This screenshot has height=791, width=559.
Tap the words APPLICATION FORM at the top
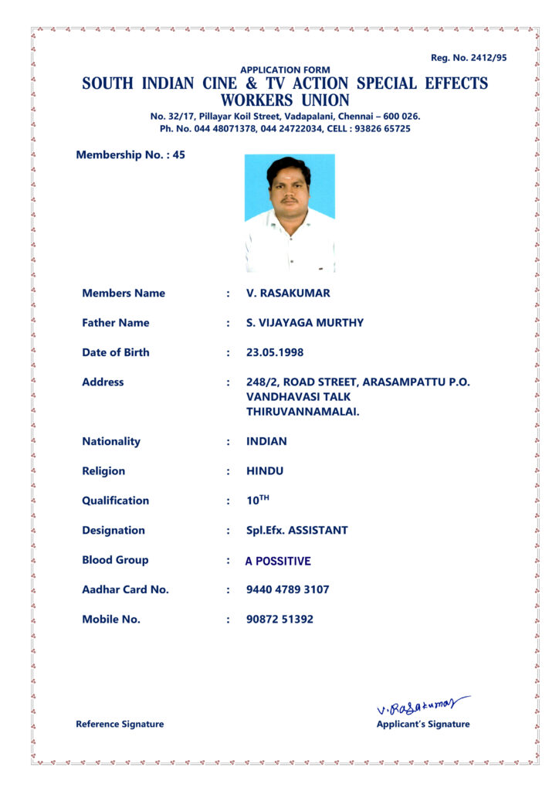coord(285,70)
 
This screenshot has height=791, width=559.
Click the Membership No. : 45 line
coord(130,154)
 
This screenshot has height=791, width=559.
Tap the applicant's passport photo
coord(290,212)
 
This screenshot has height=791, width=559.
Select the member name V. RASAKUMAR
coord(288,294)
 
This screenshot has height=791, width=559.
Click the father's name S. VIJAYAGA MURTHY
coord(304,323)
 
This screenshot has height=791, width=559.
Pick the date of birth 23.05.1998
coord(275,352)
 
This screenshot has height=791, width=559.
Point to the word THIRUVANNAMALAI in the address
coord(303,412)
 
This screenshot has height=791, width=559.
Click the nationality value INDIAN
coord(266,442)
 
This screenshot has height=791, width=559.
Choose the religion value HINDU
coord(265,471)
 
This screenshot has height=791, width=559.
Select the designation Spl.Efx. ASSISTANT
coord(296,531)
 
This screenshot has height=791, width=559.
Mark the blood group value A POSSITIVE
coord(278,562)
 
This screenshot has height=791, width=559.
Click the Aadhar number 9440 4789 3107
coord(287,589)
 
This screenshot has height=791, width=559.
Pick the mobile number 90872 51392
coord(279,620)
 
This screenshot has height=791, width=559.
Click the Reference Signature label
coord(120,724)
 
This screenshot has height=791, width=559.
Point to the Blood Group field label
coord(115,560)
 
